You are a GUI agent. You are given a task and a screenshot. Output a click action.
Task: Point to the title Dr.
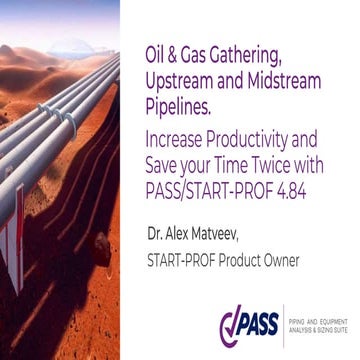click(156, 237)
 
